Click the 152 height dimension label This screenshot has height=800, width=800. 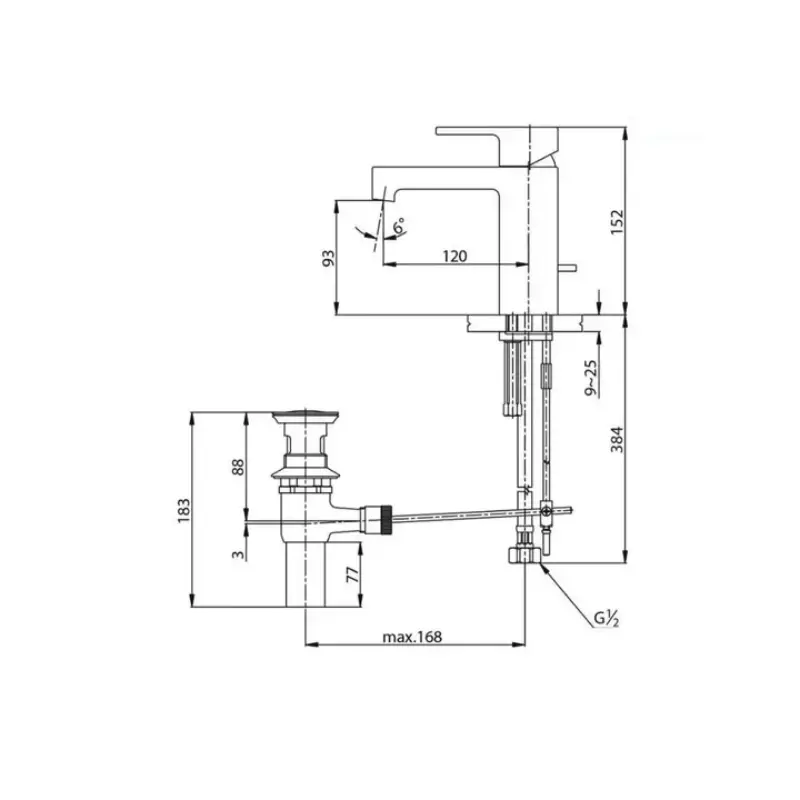[617, 221]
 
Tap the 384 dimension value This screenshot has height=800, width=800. [617, 439]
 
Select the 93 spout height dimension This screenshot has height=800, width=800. [329, 258]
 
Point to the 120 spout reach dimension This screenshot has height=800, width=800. [454, 256]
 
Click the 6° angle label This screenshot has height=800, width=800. [401, 225]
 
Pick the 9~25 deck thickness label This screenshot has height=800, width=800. [591, 378]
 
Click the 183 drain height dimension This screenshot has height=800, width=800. [184, 509]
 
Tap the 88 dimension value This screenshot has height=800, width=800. [238, 467]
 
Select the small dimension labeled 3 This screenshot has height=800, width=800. [238, 554]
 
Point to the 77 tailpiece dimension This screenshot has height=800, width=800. [353, 574]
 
